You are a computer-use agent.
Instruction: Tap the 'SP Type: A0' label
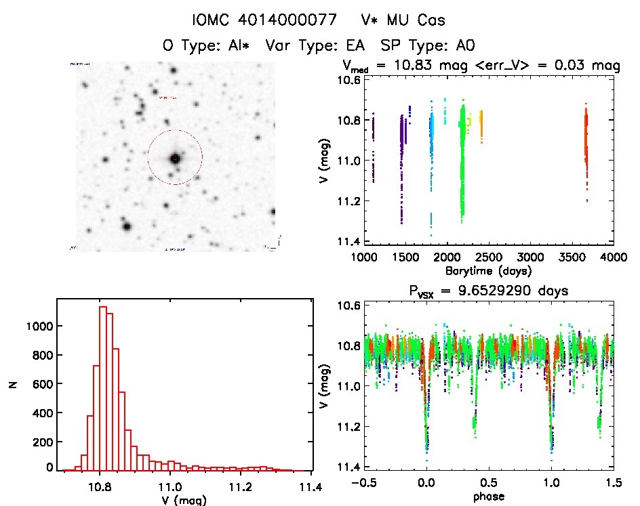pos(427,45)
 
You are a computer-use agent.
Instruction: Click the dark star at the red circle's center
pos(175,158)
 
